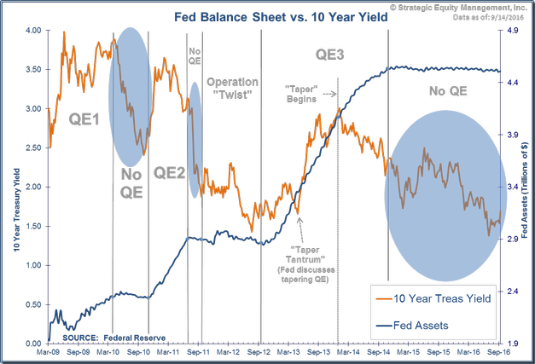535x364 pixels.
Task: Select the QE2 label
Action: [170, 171]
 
